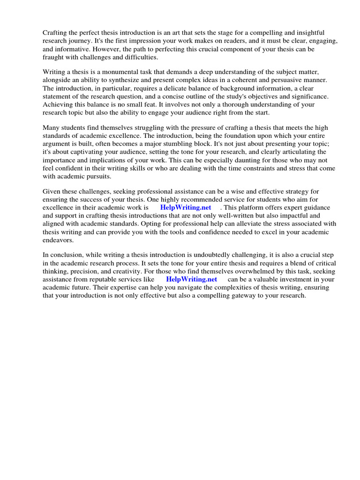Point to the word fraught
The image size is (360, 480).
[54, 57]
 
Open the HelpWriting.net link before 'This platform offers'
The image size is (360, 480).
[186, 207]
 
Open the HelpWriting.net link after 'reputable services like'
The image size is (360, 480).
[192, 279]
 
